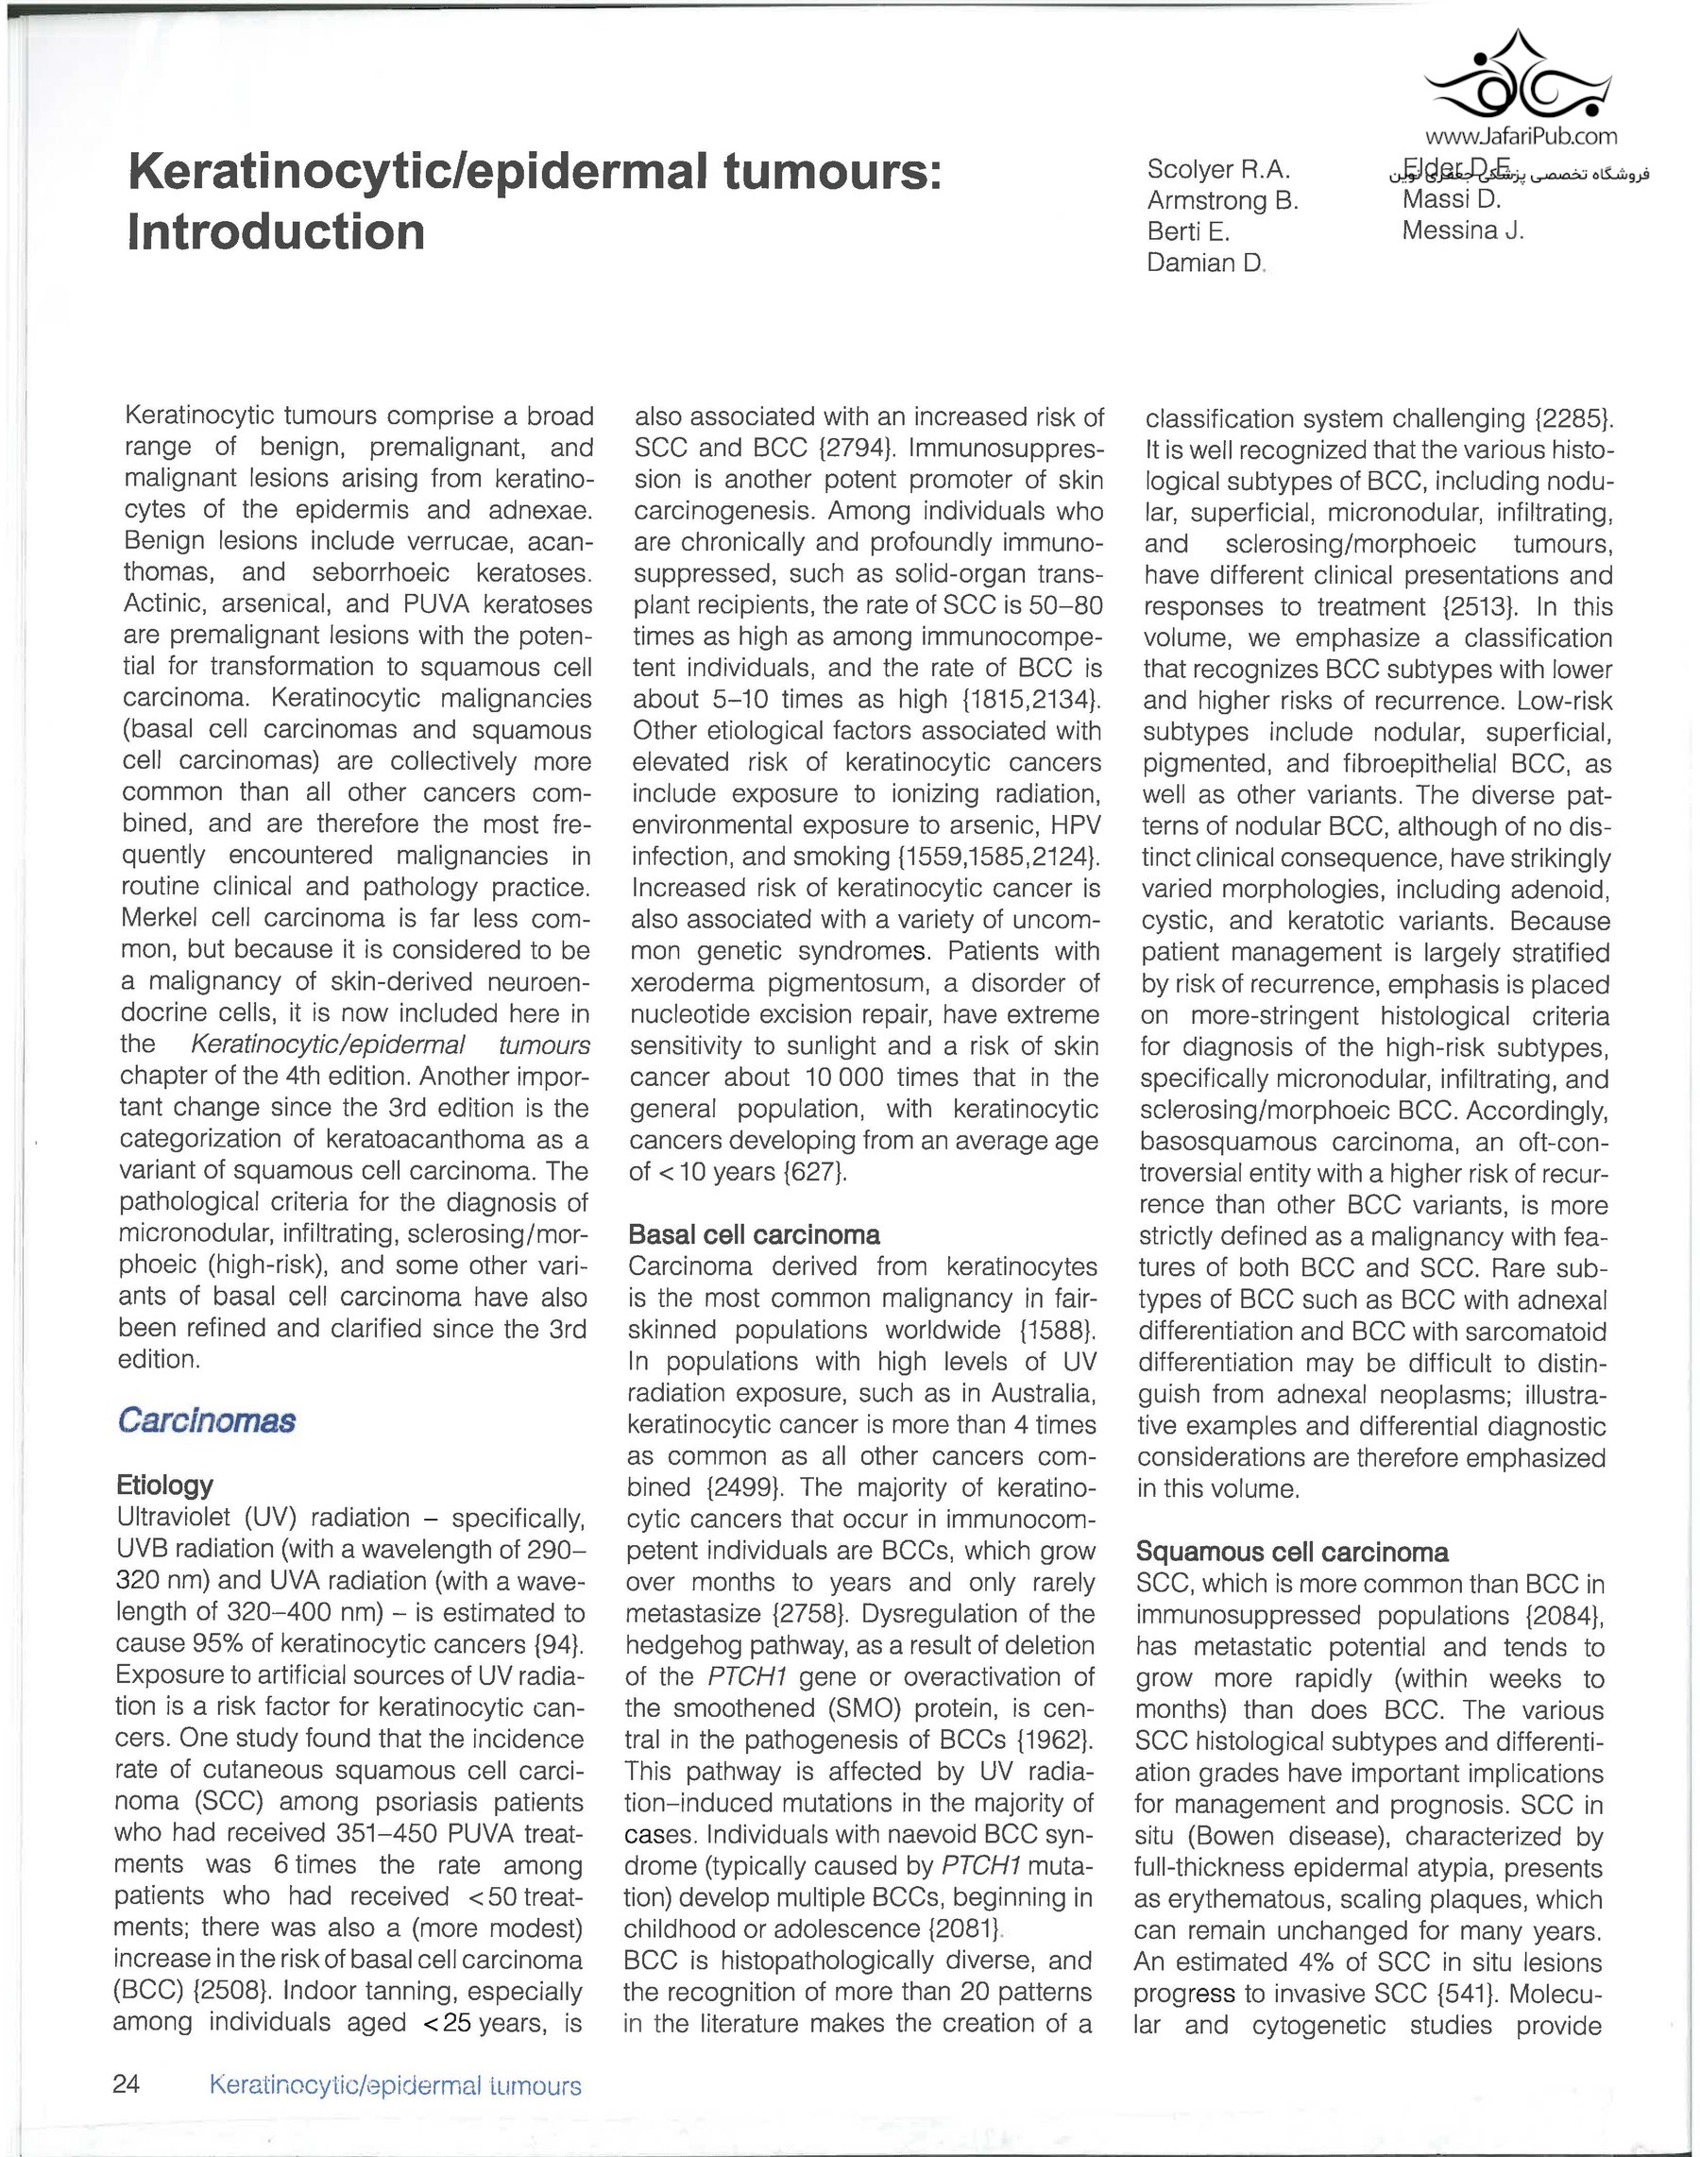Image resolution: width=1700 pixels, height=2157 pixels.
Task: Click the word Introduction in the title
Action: [276, 232]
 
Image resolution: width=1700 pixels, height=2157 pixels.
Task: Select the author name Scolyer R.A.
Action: [1217, 169]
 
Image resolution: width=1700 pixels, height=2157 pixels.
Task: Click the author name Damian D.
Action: [1204, 263]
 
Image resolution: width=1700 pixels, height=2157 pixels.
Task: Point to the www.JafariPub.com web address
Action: [1521, 136]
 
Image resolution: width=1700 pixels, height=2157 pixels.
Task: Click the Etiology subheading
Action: [164, 1486]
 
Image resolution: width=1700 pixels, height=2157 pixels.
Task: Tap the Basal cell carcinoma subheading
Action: [754, 1235]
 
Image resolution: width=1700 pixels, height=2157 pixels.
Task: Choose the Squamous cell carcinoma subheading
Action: [1291, 1552]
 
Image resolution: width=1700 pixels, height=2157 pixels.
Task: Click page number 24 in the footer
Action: [127, 2084]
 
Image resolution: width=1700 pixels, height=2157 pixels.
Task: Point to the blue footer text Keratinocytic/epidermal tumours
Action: [395, 2086]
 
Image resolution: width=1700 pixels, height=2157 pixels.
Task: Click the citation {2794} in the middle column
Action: [858, 448]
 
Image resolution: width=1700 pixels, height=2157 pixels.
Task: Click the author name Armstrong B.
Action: [1222, 200]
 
